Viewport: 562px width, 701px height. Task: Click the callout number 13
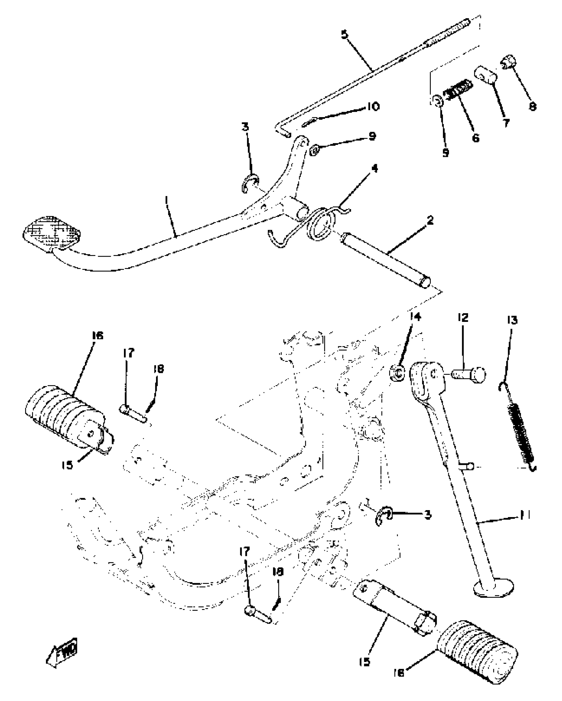tap(511, 320)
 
